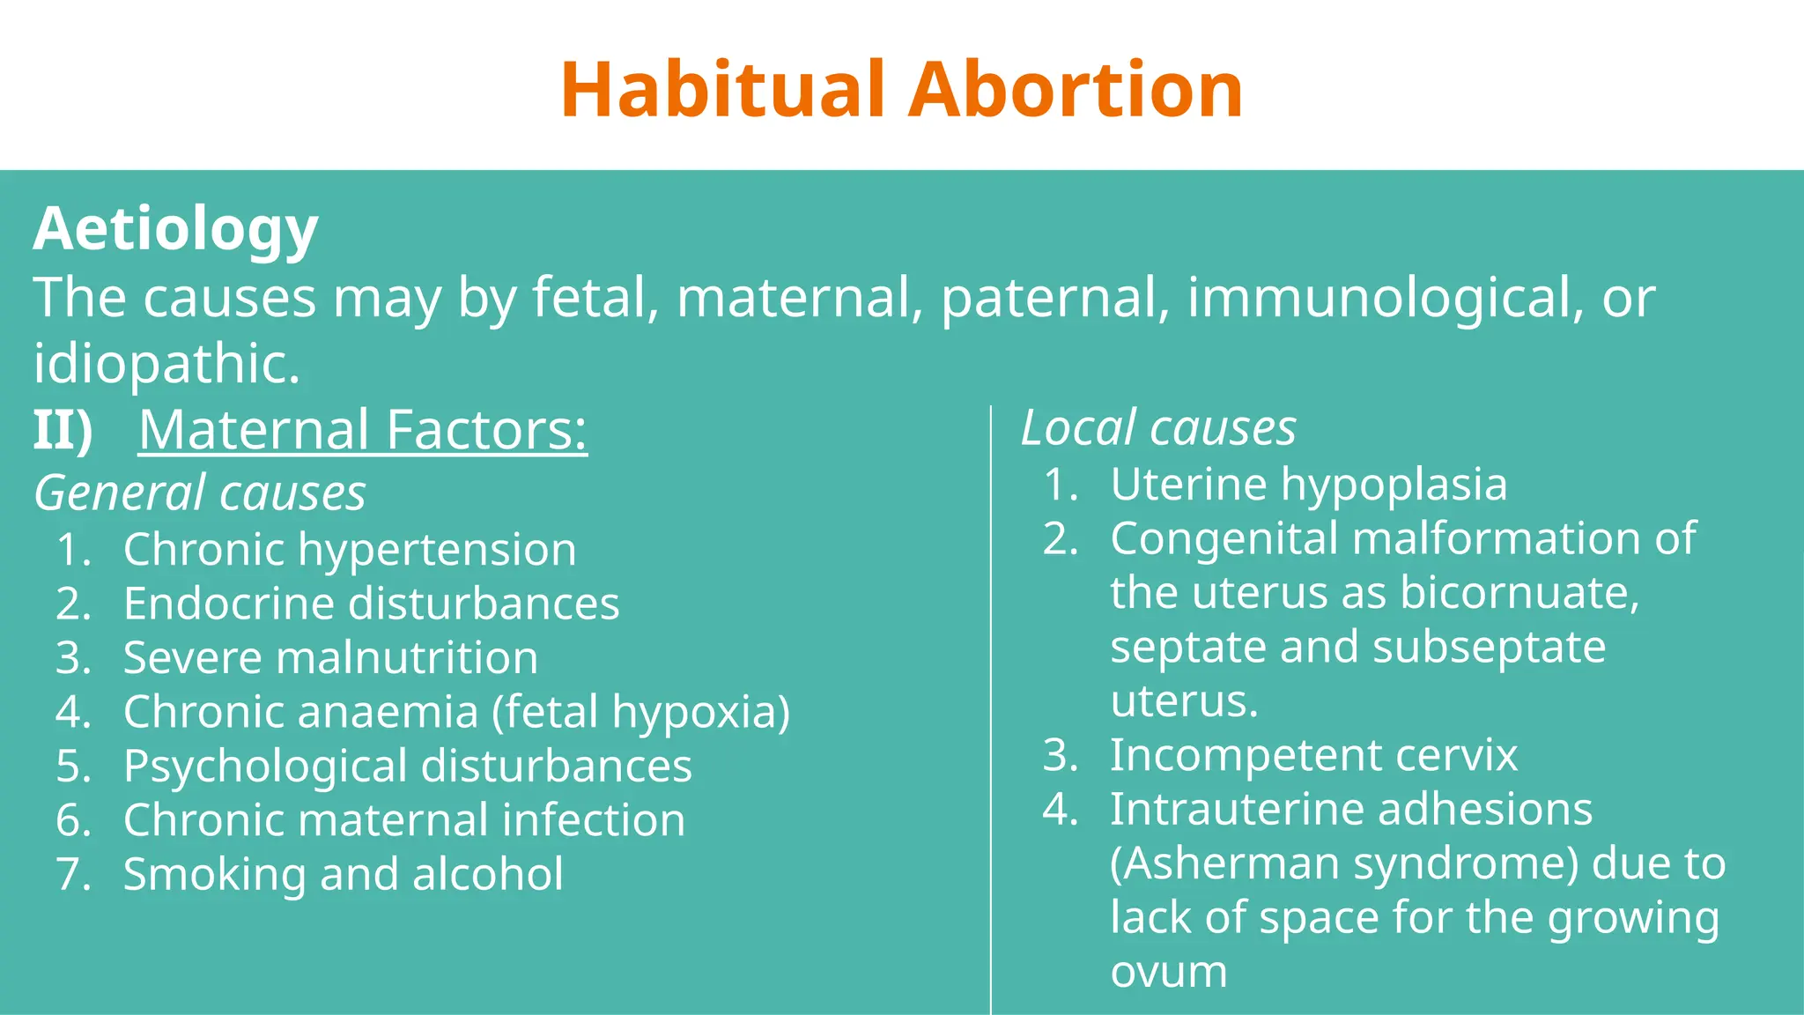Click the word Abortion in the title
click(x=1076, y=90)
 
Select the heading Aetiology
click(x=175, y=229)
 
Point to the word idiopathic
click(x=166, y=364)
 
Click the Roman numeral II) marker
click(x=63, y=430)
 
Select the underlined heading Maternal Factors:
click(x=362, y=430)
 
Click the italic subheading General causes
click(x=200, y=493)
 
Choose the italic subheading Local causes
click(x=1157, y=428)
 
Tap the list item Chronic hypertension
click(x=350, y=550)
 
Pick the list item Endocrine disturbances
click(x=371, y=604)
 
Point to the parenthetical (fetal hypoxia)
click(x=640, y=712)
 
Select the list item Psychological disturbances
click(x=407, y=767)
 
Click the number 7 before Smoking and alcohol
click(x=72, y=875)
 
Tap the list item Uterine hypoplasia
click(x=1308, y=485)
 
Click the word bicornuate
click(x=1519, y=593)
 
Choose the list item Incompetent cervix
click(x=1313, y=756)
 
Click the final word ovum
click(x=1168, y=972)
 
